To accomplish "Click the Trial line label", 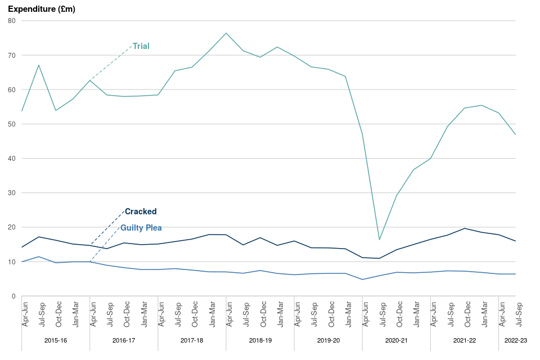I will (141, 46).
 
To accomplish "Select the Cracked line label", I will (141, 211).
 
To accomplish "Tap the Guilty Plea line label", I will (141, 228).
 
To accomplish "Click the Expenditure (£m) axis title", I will (42, 9).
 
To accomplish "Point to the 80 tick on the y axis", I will (11, 21).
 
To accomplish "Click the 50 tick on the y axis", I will (11, 124).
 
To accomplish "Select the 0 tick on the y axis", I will (13, 296).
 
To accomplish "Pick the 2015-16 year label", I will (56, 340).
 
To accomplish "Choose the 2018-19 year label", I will (260, 340).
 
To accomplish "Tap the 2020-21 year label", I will (396, 340).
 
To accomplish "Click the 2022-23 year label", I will (516, 340).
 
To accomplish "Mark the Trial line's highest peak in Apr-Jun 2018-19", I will (226, 33).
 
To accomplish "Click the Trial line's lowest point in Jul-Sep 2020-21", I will (380, 240).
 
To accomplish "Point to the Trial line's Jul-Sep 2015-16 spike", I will (38, 65).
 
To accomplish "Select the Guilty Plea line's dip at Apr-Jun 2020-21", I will (363, 280).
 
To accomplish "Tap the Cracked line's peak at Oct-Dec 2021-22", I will (465, 228).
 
